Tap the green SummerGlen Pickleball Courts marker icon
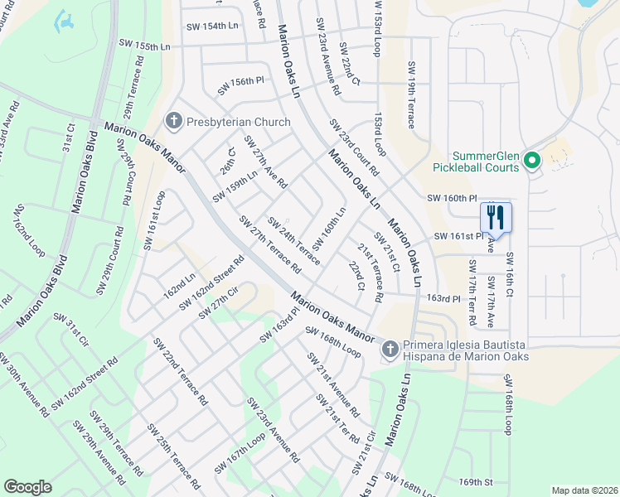532,160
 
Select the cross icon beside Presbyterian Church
174,122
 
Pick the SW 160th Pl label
453,199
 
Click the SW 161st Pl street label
458,237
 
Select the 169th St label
477,482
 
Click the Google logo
27,487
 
